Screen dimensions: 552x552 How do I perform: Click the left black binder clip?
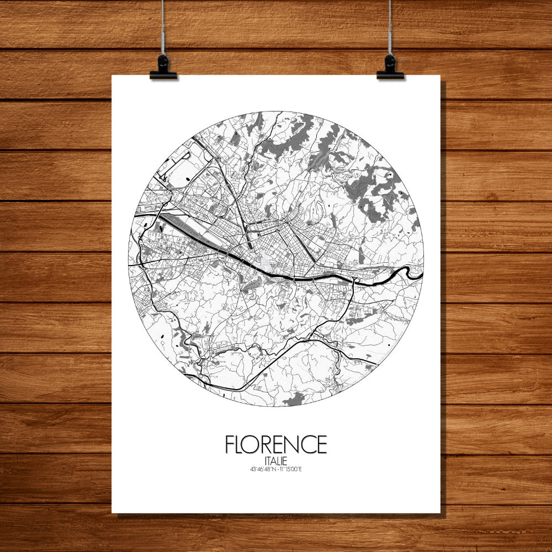163,68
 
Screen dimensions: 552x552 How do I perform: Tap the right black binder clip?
390,68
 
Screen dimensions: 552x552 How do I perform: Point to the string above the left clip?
162,28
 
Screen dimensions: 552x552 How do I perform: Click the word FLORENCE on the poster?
275,444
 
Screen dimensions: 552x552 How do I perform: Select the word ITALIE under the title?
275,460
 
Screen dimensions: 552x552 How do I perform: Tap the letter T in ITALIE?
269,460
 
